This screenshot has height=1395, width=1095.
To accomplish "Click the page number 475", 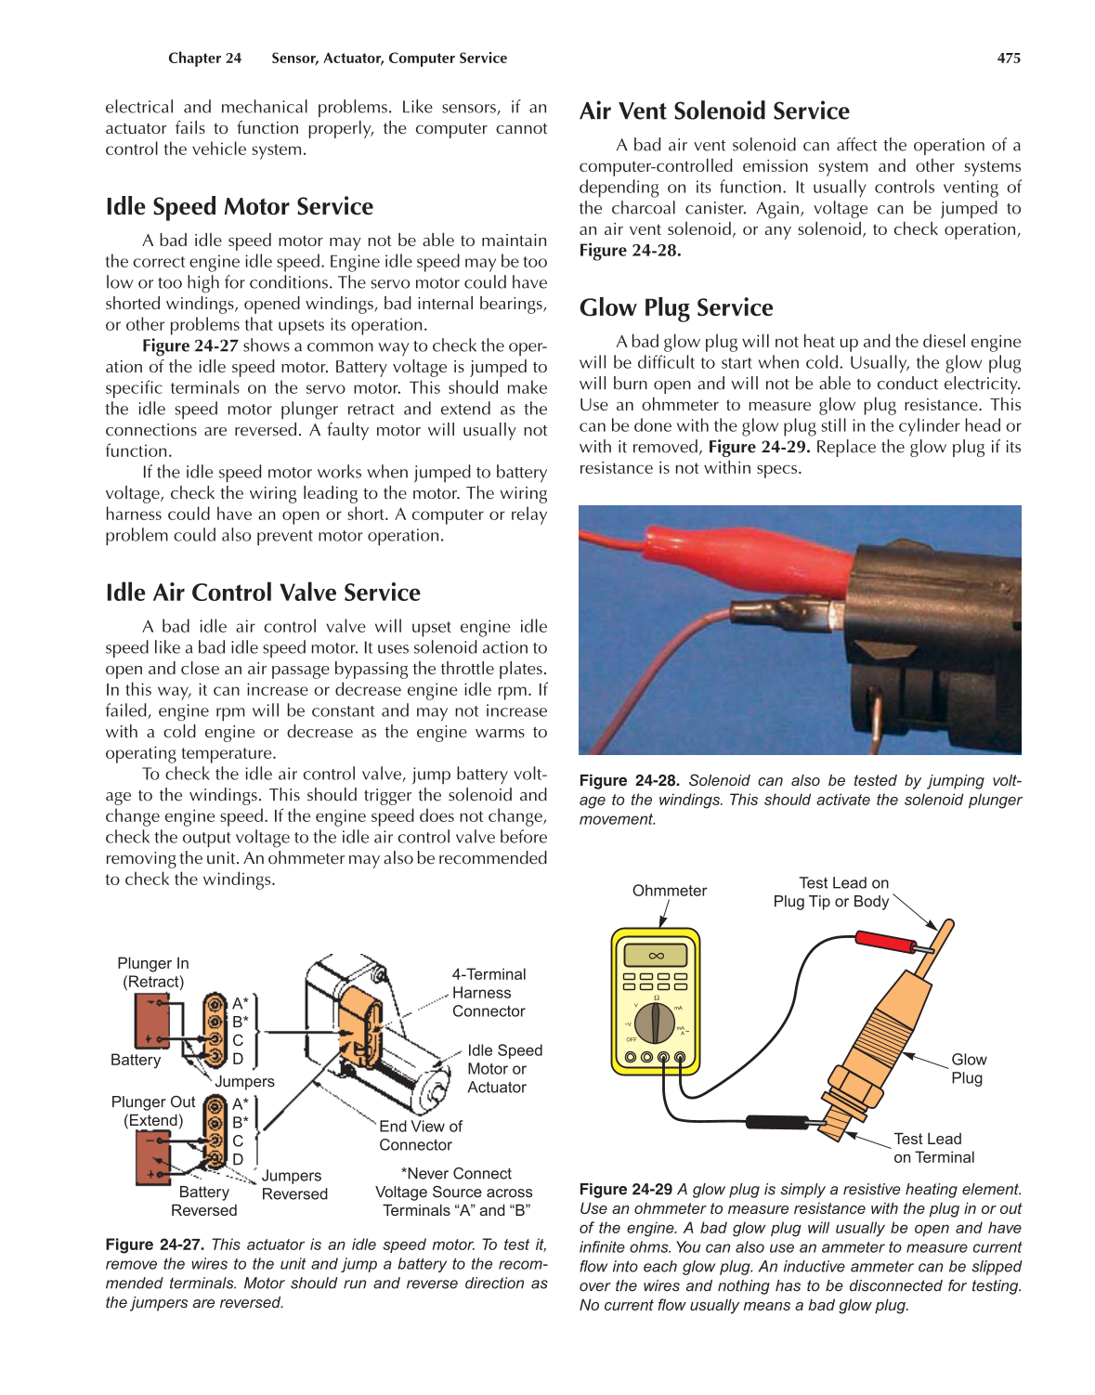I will coord(1009,58).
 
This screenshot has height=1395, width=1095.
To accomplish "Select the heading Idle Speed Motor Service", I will coord(239,206).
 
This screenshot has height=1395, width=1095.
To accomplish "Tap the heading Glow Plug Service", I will coord(675,307).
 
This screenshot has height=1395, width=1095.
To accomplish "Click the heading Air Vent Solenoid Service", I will coord(713,111).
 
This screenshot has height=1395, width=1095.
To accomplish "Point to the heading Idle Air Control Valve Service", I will coord(262,593).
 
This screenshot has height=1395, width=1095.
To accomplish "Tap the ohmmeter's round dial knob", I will coord(656,1022).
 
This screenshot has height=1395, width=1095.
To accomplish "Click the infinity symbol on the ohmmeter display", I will coord(656,956).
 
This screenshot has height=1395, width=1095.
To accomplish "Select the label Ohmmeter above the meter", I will coord(669,891).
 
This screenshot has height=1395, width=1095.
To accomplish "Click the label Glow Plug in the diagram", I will coord(968,1069).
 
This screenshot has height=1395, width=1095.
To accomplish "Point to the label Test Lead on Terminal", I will coord(932,1148).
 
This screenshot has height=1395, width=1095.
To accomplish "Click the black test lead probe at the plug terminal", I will coord(780,1122).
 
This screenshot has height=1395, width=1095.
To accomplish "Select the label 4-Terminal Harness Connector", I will coord(489,993).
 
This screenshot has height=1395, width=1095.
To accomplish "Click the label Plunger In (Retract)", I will coord(152,972).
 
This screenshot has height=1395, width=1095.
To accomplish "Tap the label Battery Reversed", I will coord(203,1201).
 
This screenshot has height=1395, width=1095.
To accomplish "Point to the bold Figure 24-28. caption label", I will coord(629,781).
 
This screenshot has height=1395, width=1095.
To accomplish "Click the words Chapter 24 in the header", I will coord(204,58).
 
